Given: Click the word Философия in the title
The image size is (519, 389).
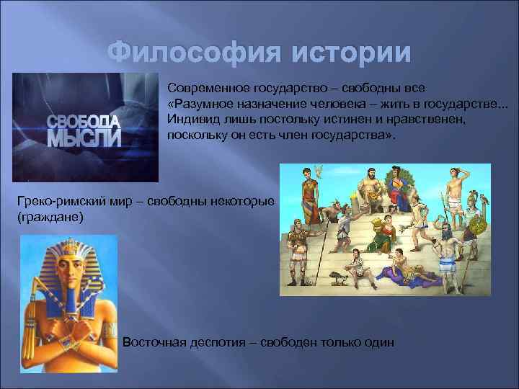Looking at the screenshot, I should click(x=185, y=53).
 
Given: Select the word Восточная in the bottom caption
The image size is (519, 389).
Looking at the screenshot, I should click(x=154, y=341).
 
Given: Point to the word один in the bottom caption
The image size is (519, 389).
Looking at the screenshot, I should click(x=379, y=341).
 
